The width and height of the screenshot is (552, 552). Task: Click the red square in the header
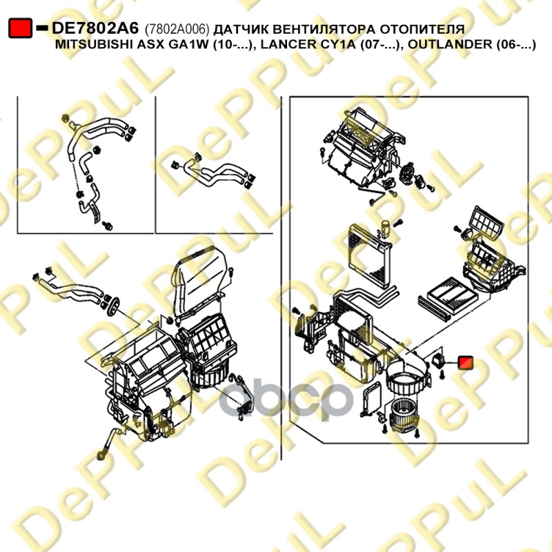point(20,28)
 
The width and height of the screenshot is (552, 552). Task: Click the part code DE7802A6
point(95,28)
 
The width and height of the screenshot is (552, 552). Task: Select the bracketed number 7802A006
point(177,29)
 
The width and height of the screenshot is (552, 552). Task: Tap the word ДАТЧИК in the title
point(240,29)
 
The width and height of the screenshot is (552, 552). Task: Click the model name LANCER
point(288,45)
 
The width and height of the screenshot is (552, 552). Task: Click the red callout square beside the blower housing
point(465,363)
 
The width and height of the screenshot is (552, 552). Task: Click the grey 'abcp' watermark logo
point(286,400)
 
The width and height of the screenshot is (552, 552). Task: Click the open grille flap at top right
point(486,221)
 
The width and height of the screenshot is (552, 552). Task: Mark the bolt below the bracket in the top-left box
point(107,226)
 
